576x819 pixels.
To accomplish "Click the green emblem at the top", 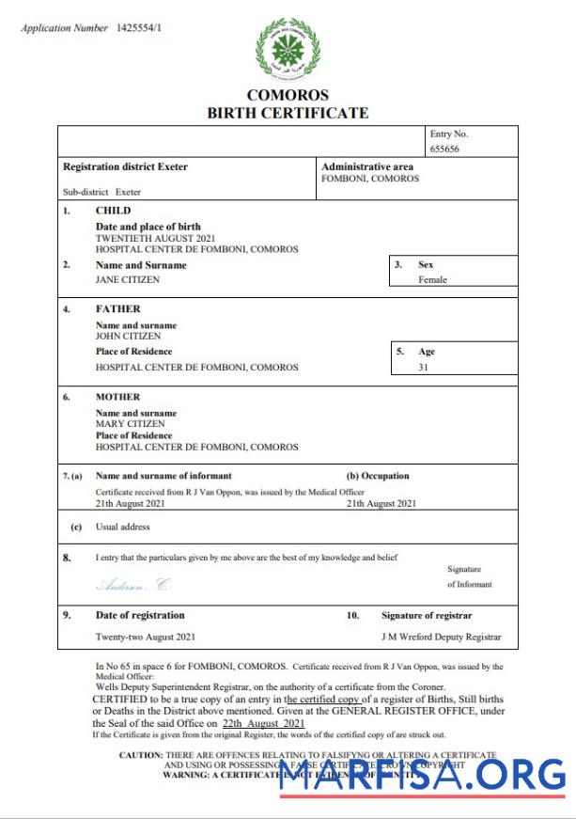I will click(x=288, y=48).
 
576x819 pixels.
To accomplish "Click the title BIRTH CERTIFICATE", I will click(x=288, y=113).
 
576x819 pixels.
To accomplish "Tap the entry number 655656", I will click(x=444, y=149).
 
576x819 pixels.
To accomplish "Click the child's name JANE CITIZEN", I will click(x=128, y=279).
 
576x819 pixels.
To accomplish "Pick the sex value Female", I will click(x=432, y=279).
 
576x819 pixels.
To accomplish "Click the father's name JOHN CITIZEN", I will click(x=128, y=336).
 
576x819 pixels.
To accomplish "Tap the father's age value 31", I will click(x=423, y=367).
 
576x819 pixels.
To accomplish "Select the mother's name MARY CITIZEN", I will click(x=130, y=424).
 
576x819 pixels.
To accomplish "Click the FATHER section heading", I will click(x=117, y=308).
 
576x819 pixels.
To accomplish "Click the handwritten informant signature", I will click(x=133, y=585).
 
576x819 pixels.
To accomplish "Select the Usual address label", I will click(x=122, y=527).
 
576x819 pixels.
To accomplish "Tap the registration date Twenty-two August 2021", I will click(x=146, y=637).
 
